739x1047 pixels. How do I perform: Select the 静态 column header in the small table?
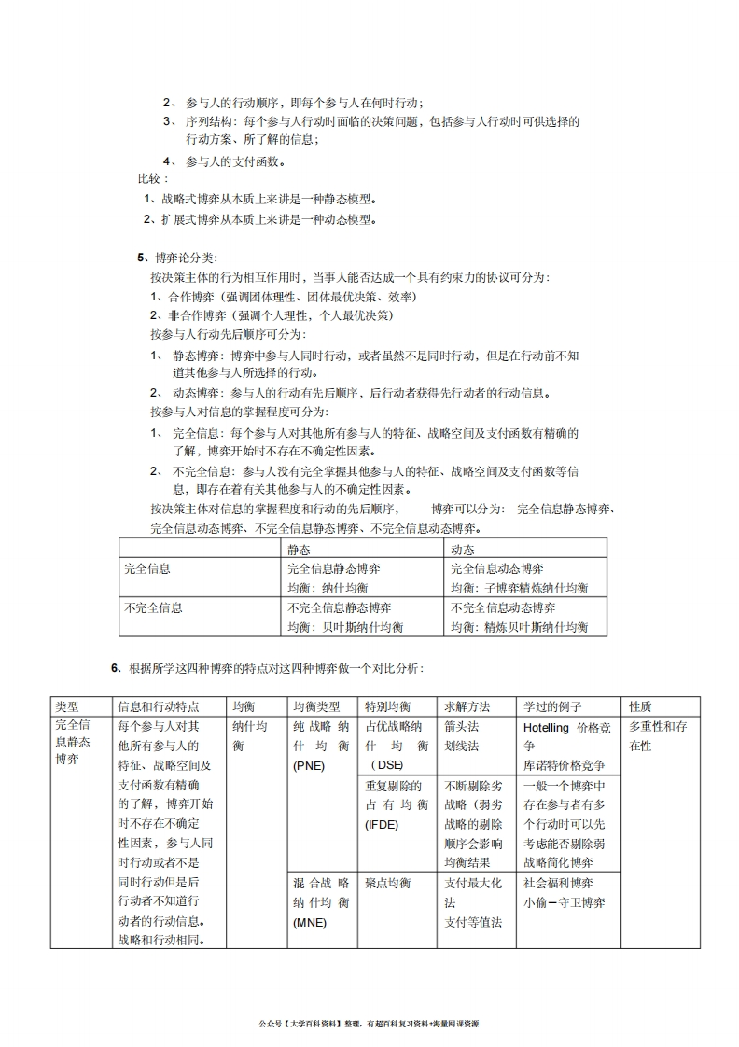click(300, 551)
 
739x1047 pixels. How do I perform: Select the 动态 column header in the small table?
click(463, 551)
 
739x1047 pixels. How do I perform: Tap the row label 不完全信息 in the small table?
click(153, 607)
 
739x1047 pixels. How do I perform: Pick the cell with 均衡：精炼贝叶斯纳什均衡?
click(520, 627)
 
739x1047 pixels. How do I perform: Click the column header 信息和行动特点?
click(159, 706)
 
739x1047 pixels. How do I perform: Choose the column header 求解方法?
click(467, 706)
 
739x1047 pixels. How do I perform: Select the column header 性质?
click(641, 706)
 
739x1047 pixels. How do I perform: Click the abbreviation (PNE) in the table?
click(309, 766)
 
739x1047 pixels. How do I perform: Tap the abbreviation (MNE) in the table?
click(309, 923)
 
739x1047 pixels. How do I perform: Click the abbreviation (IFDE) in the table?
click(383, 824)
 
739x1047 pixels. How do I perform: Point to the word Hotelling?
click(547, 727)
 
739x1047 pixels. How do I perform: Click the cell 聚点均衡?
click(388, 883)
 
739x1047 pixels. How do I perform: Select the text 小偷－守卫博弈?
click(565, 902)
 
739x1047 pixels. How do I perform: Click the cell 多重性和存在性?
click(658, 736)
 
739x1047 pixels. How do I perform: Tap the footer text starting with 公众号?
click(369, 1024)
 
